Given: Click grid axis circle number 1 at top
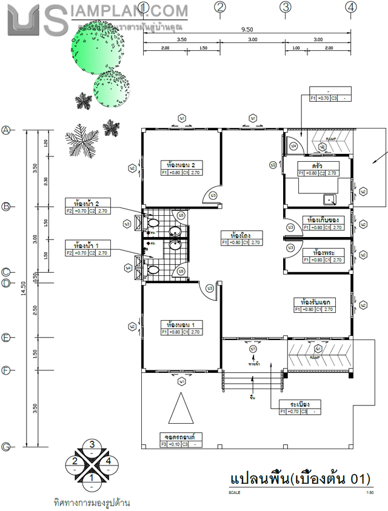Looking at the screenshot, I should [x=144, y=7].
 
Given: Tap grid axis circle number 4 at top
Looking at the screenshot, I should [x=350, y=7].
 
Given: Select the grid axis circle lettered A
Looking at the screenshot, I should [x=7, y=130].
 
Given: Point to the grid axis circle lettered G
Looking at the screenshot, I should [x=7, y=447].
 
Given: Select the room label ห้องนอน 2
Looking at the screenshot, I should [x=181, y=165].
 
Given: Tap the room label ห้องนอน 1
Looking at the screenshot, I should [x=181, y=324].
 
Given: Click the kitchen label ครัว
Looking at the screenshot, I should [x=317, y=165].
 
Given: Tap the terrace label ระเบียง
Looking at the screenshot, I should [x=300, y=404].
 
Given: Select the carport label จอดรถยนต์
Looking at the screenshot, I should [x=181, y=436].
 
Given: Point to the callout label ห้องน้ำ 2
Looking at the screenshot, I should [x=86, y=203].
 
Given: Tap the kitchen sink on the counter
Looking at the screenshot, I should [x=330, y=198].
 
